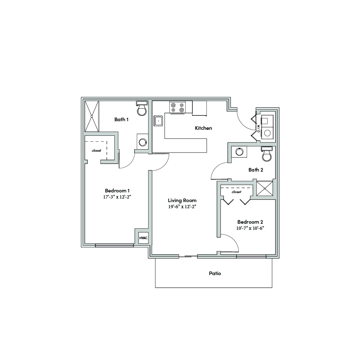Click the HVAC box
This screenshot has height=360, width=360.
(143, 238)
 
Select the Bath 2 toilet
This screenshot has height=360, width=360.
(267, 154)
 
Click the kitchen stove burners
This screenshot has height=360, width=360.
(177, 108)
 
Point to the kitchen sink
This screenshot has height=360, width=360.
(158, 121)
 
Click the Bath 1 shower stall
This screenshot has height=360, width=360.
(92, 116)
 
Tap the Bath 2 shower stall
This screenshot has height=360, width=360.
(264, 188)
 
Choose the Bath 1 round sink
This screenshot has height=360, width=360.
(142, 142)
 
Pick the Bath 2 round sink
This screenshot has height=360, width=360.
(239, 152)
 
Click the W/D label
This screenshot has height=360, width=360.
(259, 128)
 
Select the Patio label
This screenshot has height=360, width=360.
(215, 273)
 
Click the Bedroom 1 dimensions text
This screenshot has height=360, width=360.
(117, 197)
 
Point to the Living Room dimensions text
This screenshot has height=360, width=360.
(182, 206)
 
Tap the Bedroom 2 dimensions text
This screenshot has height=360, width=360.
(250, 228)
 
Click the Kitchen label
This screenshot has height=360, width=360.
(204, 128)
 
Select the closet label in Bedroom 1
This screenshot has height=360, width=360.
(96, 151)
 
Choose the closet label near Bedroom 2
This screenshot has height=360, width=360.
(237, 192)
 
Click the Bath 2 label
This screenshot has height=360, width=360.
(256, 170)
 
